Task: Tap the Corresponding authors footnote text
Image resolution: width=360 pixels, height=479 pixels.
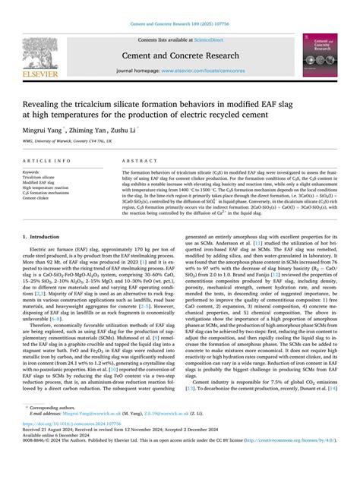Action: click(53, 429)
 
